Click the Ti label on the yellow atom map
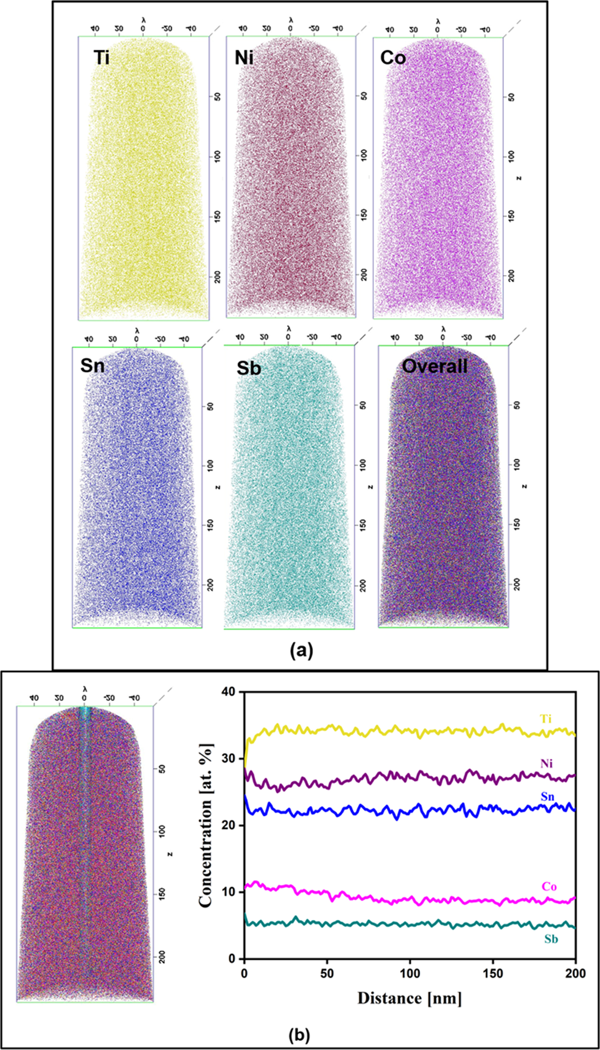coord(102,58)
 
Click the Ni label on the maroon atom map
coord(244,58)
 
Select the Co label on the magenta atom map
coord(393,58)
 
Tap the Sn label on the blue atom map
coord(92,365)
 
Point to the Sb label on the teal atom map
coord(249,369)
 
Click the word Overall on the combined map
coord(435,366)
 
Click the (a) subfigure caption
coord(301,650)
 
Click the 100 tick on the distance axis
coord(410,973)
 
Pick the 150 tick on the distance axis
coord(493,973)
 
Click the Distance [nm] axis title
coord(410,998)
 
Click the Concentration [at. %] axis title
coord(206,826)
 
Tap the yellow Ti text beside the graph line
coord(546,719)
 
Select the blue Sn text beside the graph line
coord(548,796)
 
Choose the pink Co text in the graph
coord(549,887)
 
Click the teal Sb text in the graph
coord(551,939)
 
